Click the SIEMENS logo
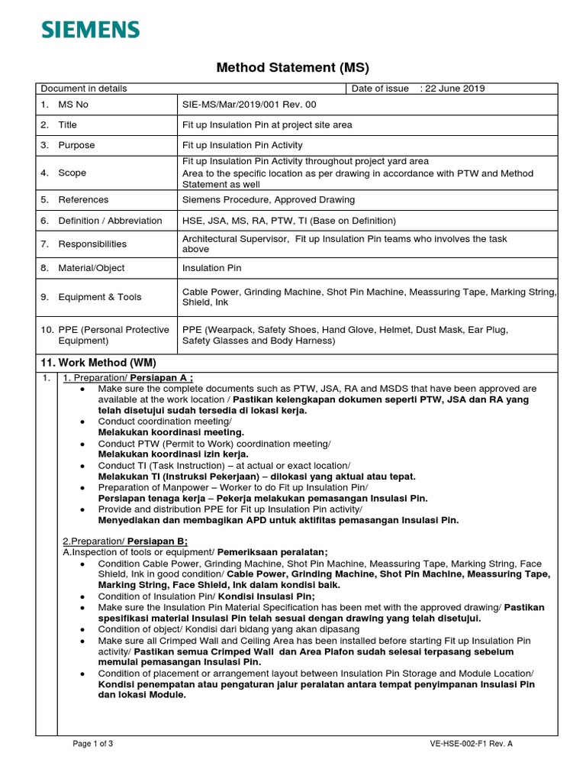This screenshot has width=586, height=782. pos(91,30)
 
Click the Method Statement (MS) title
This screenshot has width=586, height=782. pos(292,67)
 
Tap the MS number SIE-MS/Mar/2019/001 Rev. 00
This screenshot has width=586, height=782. pos(248,104)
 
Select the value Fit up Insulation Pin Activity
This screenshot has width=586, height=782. pos(242,145)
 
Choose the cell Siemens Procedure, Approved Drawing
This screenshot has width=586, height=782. pos(268,200)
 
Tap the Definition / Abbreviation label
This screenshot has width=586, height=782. pos(110,221)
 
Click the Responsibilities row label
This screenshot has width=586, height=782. pos(92,244)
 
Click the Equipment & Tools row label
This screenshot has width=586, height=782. pos(99,297)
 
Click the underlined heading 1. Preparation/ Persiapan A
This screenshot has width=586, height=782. pos(127,378)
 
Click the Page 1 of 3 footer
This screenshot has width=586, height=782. pos(93,743)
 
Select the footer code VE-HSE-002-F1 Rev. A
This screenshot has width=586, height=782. pos(472,743)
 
